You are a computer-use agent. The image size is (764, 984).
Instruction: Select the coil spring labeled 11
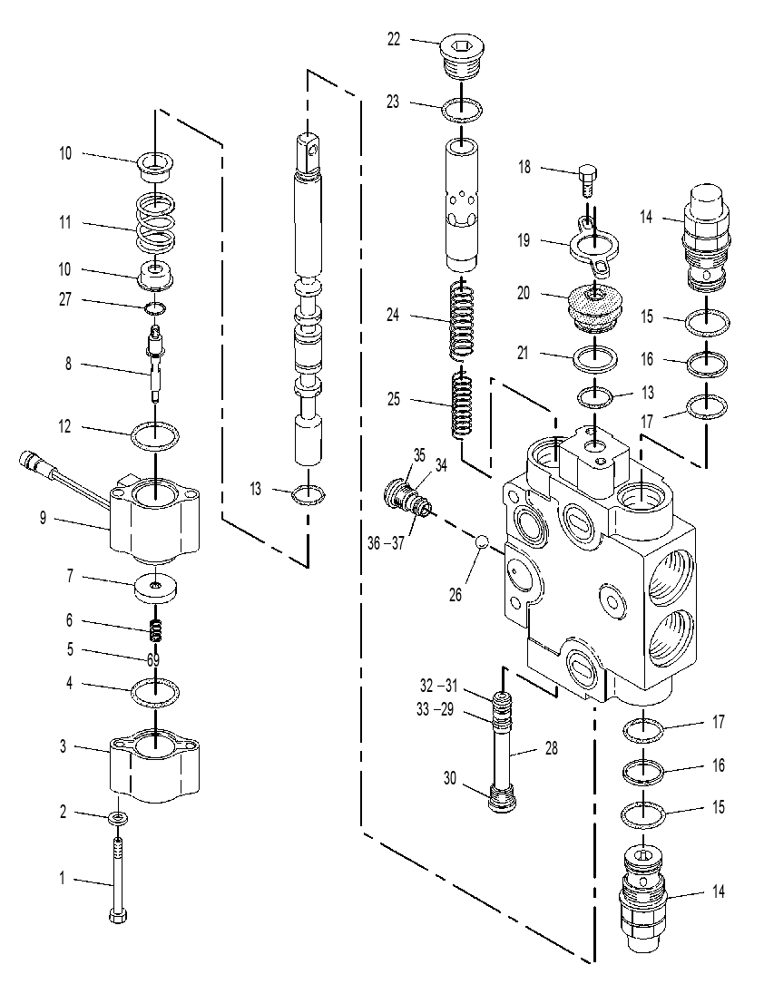click(x=155, y=221)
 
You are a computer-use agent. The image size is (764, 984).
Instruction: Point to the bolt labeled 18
click(x=587, y=180)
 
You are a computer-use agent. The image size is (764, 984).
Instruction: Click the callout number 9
click(x=43, y=519)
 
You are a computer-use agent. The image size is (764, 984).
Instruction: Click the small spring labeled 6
click(x=156, y=629)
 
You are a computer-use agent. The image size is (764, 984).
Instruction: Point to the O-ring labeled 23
click(x=462, y=111)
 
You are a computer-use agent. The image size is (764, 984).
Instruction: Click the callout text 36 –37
click(x=386, y=543)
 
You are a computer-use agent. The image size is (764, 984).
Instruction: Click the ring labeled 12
click(x=155, y=435)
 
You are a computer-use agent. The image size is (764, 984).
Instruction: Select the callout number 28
click(x=551, y=748)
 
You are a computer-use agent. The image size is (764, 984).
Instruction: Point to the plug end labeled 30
click(x=502, y=802)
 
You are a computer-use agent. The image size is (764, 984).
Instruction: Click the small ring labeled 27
click(x=154, y=307)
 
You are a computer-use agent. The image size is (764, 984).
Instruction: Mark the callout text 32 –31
click(x=439, y=685)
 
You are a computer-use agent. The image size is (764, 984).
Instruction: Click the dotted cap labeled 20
click(x=594, y=307)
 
